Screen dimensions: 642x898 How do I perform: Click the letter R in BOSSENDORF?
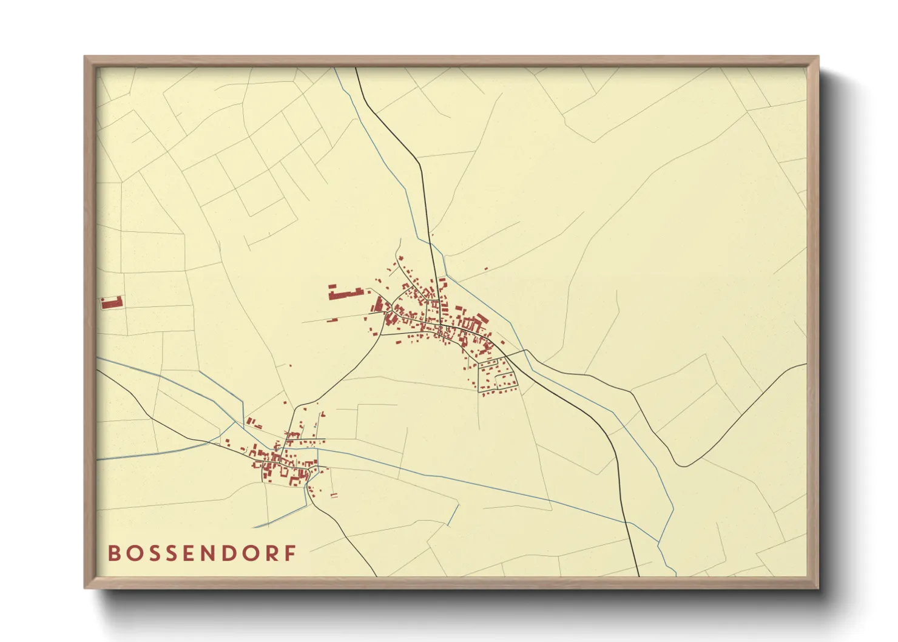272,553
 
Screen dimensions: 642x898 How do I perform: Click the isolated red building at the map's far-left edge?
112,302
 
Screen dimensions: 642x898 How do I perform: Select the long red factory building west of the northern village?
346,294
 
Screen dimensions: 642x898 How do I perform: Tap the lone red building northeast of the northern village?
485,268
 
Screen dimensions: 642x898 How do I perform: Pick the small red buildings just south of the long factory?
333,319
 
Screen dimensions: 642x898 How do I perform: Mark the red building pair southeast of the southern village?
334,496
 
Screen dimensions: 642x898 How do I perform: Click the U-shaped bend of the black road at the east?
684,465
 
